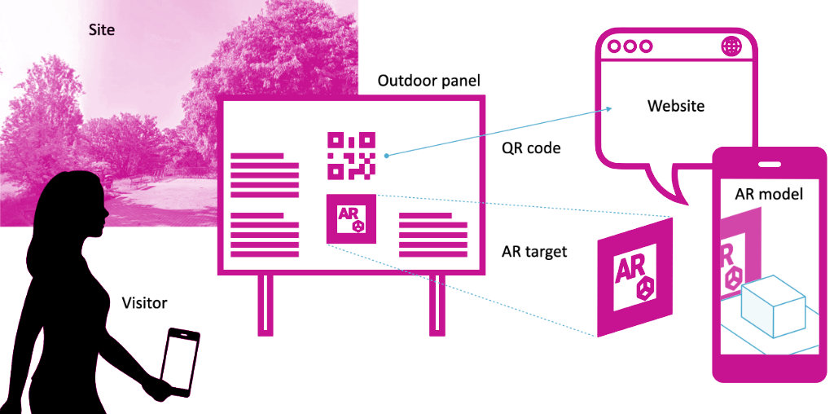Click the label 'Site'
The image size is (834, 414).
[102, 30]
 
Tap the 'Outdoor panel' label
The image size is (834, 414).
[429, 81]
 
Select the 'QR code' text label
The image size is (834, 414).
[531, 148]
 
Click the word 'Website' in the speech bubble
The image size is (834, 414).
[676, 106]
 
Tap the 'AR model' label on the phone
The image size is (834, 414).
[769, 194]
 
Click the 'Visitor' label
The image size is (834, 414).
[144, 303]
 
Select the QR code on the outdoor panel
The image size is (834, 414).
[351, 155]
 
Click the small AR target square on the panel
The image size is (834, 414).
[351, 219]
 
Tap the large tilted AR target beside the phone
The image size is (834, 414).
[634, 276]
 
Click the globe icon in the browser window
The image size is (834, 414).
[731, 46]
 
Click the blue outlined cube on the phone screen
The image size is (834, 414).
[773, 308]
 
